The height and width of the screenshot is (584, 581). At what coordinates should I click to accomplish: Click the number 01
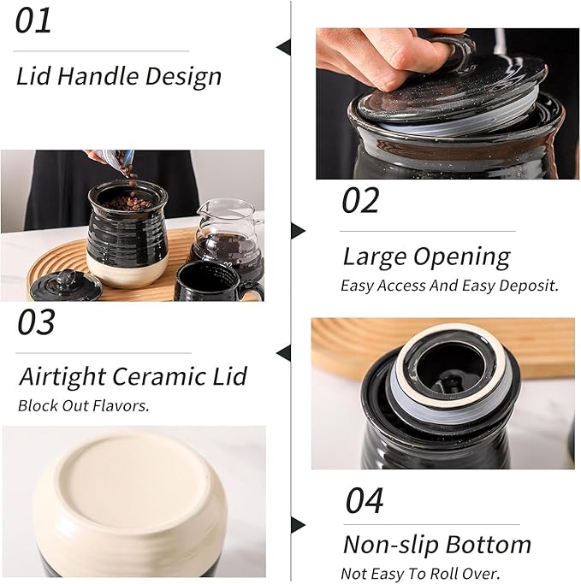[34, 21]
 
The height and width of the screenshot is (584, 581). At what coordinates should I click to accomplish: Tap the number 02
[360, 200]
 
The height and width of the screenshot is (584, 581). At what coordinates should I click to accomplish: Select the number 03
[37, 322]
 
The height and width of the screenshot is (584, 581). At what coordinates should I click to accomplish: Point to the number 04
[365, 500]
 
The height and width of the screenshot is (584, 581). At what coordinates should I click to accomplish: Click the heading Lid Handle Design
[119, 76]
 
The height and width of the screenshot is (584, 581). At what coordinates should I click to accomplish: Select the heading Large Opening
[426, 256]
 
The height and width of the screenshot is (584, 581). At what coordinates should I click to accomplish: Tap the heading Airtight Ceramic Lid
[133, 376]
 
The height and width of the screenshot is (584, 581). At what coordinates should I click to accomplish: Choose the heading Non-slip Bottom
[436, 545]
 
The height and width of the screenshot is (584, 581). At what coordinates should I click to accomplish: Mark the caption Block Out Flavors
[84, 406]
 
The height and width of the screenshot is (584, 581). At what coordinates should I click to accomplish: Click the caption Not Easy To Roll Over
[420, 574]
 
